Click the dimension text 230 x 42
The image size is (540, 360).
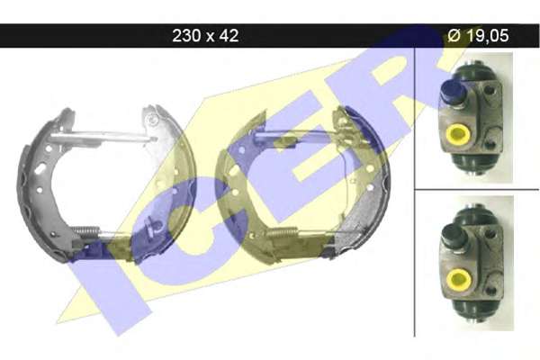(x=205, y=35)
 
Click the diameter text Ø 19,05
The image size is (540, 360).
(x=478, y=35)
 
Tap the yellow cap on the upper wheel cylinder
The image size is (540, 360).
(x=457, y=135)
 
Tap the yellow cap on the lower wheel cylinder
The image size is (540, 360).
(x=459, y=279)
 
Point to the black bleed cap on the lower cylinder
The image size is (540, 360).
(x=454, y=236)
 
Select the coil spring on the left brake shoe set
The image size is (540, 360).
(x=86, y=230)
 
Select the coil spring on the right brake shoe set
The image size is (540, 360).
(x=283, y=233)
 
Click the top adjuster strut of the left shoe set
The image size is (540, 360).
(x=103, y=137)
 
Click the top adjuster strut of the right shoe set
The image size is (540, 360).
(x=296, y=136)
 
